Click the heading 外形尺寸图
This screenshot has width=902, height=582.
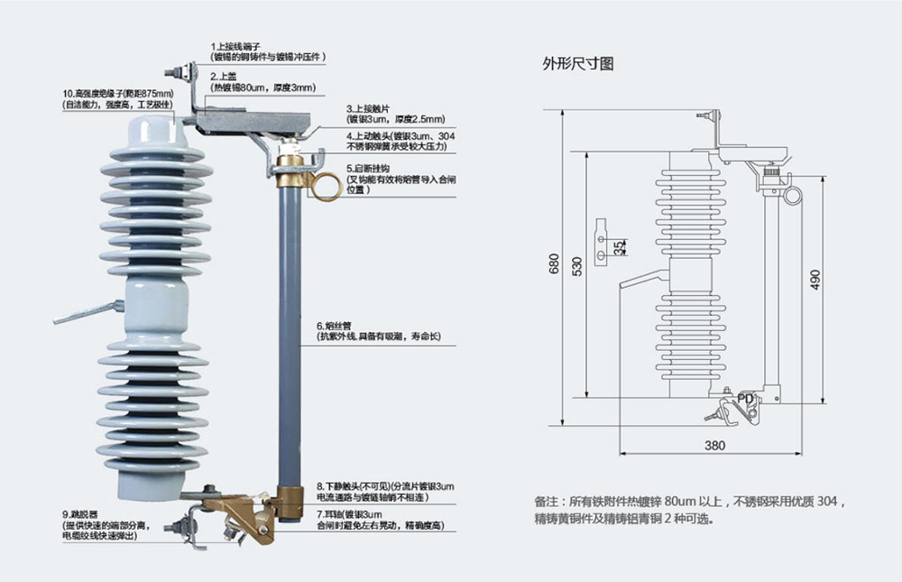(x=577, y=64)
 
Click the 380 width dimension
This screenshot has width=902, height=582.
(x=714, y=444)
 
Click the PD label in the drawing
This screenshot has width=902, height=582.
(x=745, y=397)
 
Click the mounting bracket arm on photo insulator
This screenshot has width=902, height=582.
(x=86, y=313)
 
